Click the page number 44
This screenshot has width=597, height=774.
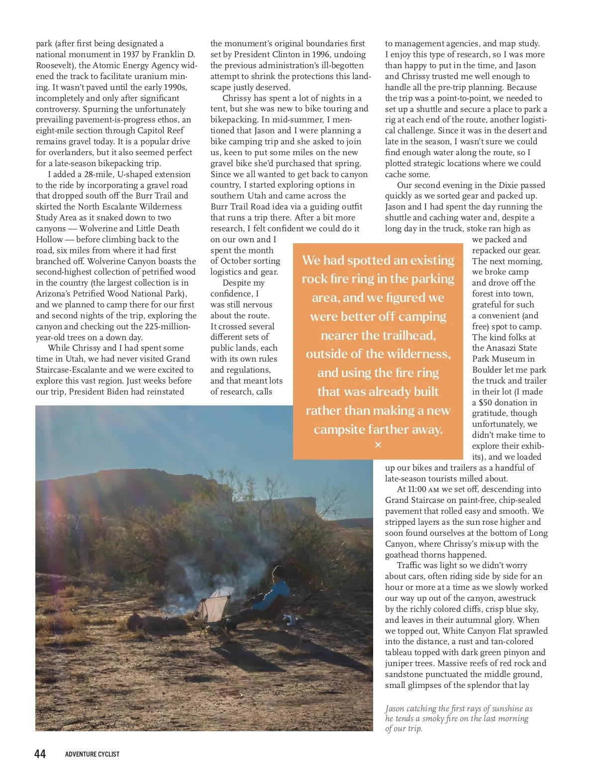(x=40, y=754)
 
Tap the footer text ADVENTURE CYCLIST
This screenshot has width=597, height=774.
(x=92, y=754)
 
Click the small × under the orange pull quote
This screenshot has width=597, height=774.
(x=378, y=445)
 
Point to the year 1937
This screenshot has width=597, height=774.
(x=131, y=54)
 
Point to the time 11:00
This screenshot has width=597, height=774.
(x=417, y=489)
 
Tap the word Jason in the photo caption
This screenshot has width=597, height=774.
(x=395, y=708)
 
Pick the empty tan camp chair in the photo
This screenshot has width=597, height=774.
(x=215, y=607)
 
